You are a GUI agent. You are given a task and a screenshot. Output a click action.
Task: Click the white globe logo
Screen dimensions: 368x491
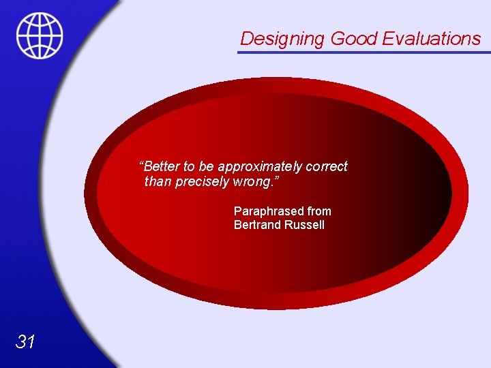pos(40,35)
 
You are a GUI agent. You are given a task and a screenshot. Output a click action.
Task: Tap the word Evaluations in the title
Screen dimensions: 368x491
pos(432,39)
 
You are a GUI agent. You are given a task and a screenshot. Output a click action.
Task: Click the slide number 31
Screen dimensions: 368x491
pos(25,341)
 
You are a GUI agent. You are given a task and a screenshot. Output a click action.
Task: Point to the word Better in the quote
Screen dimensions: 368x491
pos(162,167)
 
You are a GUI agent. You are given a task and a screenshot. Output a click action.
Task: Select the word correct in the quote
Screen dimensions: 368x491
pos(327,167)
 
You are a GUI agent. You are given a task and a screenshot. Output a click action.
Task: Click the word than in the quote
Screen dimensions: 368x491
pos(158,182)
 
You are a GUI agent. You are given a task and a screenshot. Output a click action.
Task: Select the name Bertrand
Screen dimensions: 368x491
pos(257,225)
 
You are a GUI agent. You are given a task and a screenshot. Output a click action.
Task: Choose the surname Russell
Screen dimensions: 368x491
pos(304,225)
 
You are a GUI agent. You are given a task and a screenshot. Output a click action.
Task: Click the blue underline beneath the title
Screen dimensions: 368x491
pos(364,52)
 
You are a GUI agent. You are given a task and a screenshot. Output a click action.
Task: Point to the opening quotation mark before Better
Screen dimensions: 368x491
pos(141,164)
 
